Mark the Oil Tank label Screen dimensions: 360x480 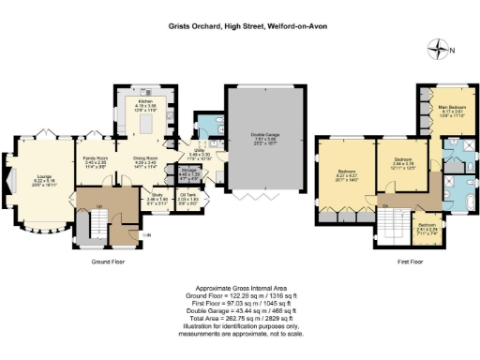coord(187,198)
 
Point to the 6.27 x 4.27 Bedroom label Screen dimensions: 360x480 coord(348,173)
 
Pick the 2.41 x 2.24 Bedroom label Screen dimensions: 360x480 coord(427,226)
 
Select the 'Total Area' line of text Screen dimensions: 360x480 coord(239,319)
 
